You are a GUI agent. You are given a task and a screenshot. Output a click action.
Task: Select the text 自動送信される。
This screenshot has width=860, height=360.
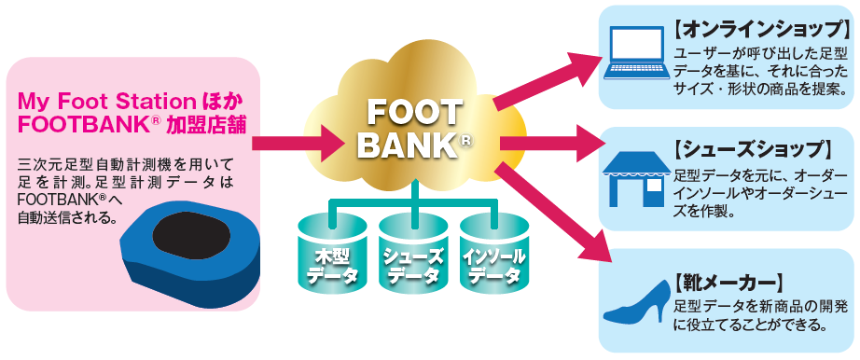coord(67,220)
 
